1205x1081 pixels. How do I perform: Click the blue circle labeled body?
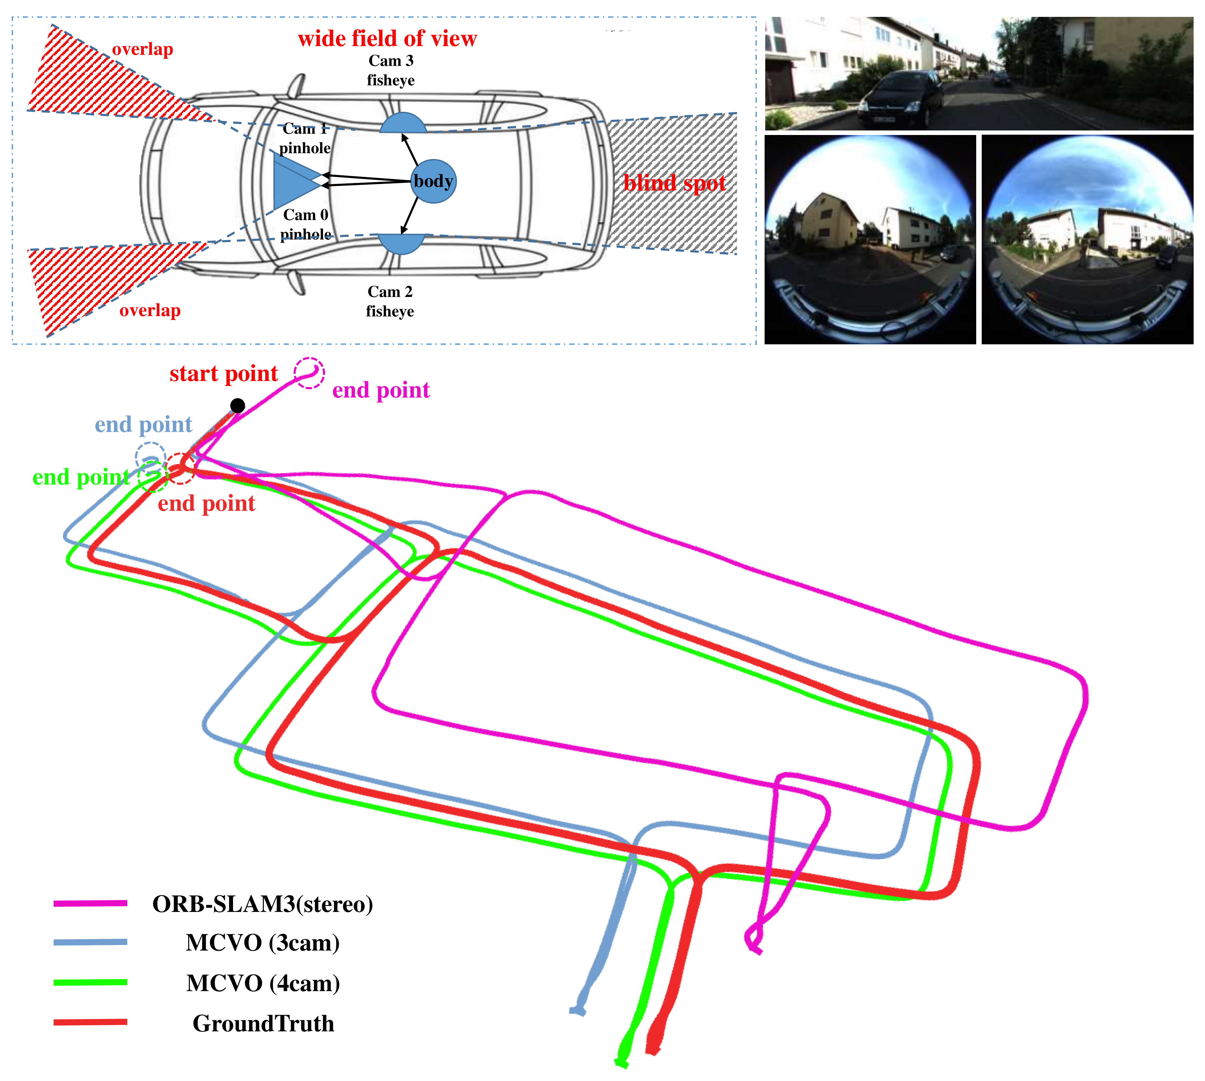coord(434,181)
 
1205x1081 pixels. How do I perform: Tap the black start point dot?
coord(238,406)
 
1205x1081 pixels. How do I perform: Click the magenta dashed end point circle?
coord(309,373)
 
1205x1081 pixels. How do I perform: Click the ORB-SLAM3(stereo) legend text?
coord(263,904)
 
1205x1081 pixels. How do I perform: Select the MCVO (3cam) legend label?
coord(263,943)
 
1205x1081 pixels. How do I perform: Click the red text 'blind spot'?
coord(674,183)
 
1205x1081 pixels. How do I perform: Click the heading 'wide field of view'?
coord(387,39)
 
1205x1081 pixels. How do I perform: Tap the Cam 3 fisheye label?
coord(391,70)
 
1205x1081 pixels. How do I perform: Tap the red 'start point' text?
coord(224,374)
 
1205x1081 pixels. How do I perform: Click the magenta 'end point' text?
coord(381,390)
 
